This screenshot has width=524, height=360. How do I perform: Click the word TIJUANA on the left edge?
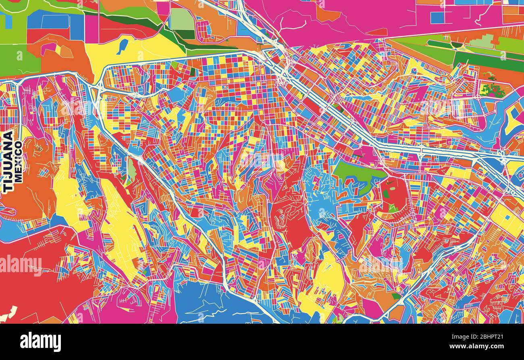[8, 161]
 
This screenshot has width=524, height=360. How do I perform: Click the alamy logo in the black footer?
[40, 342]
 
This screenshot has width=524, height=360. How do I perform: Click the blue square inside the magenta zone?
[437, 18]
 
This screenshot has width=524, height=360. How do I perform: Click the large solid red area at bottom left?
[36, 282]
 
